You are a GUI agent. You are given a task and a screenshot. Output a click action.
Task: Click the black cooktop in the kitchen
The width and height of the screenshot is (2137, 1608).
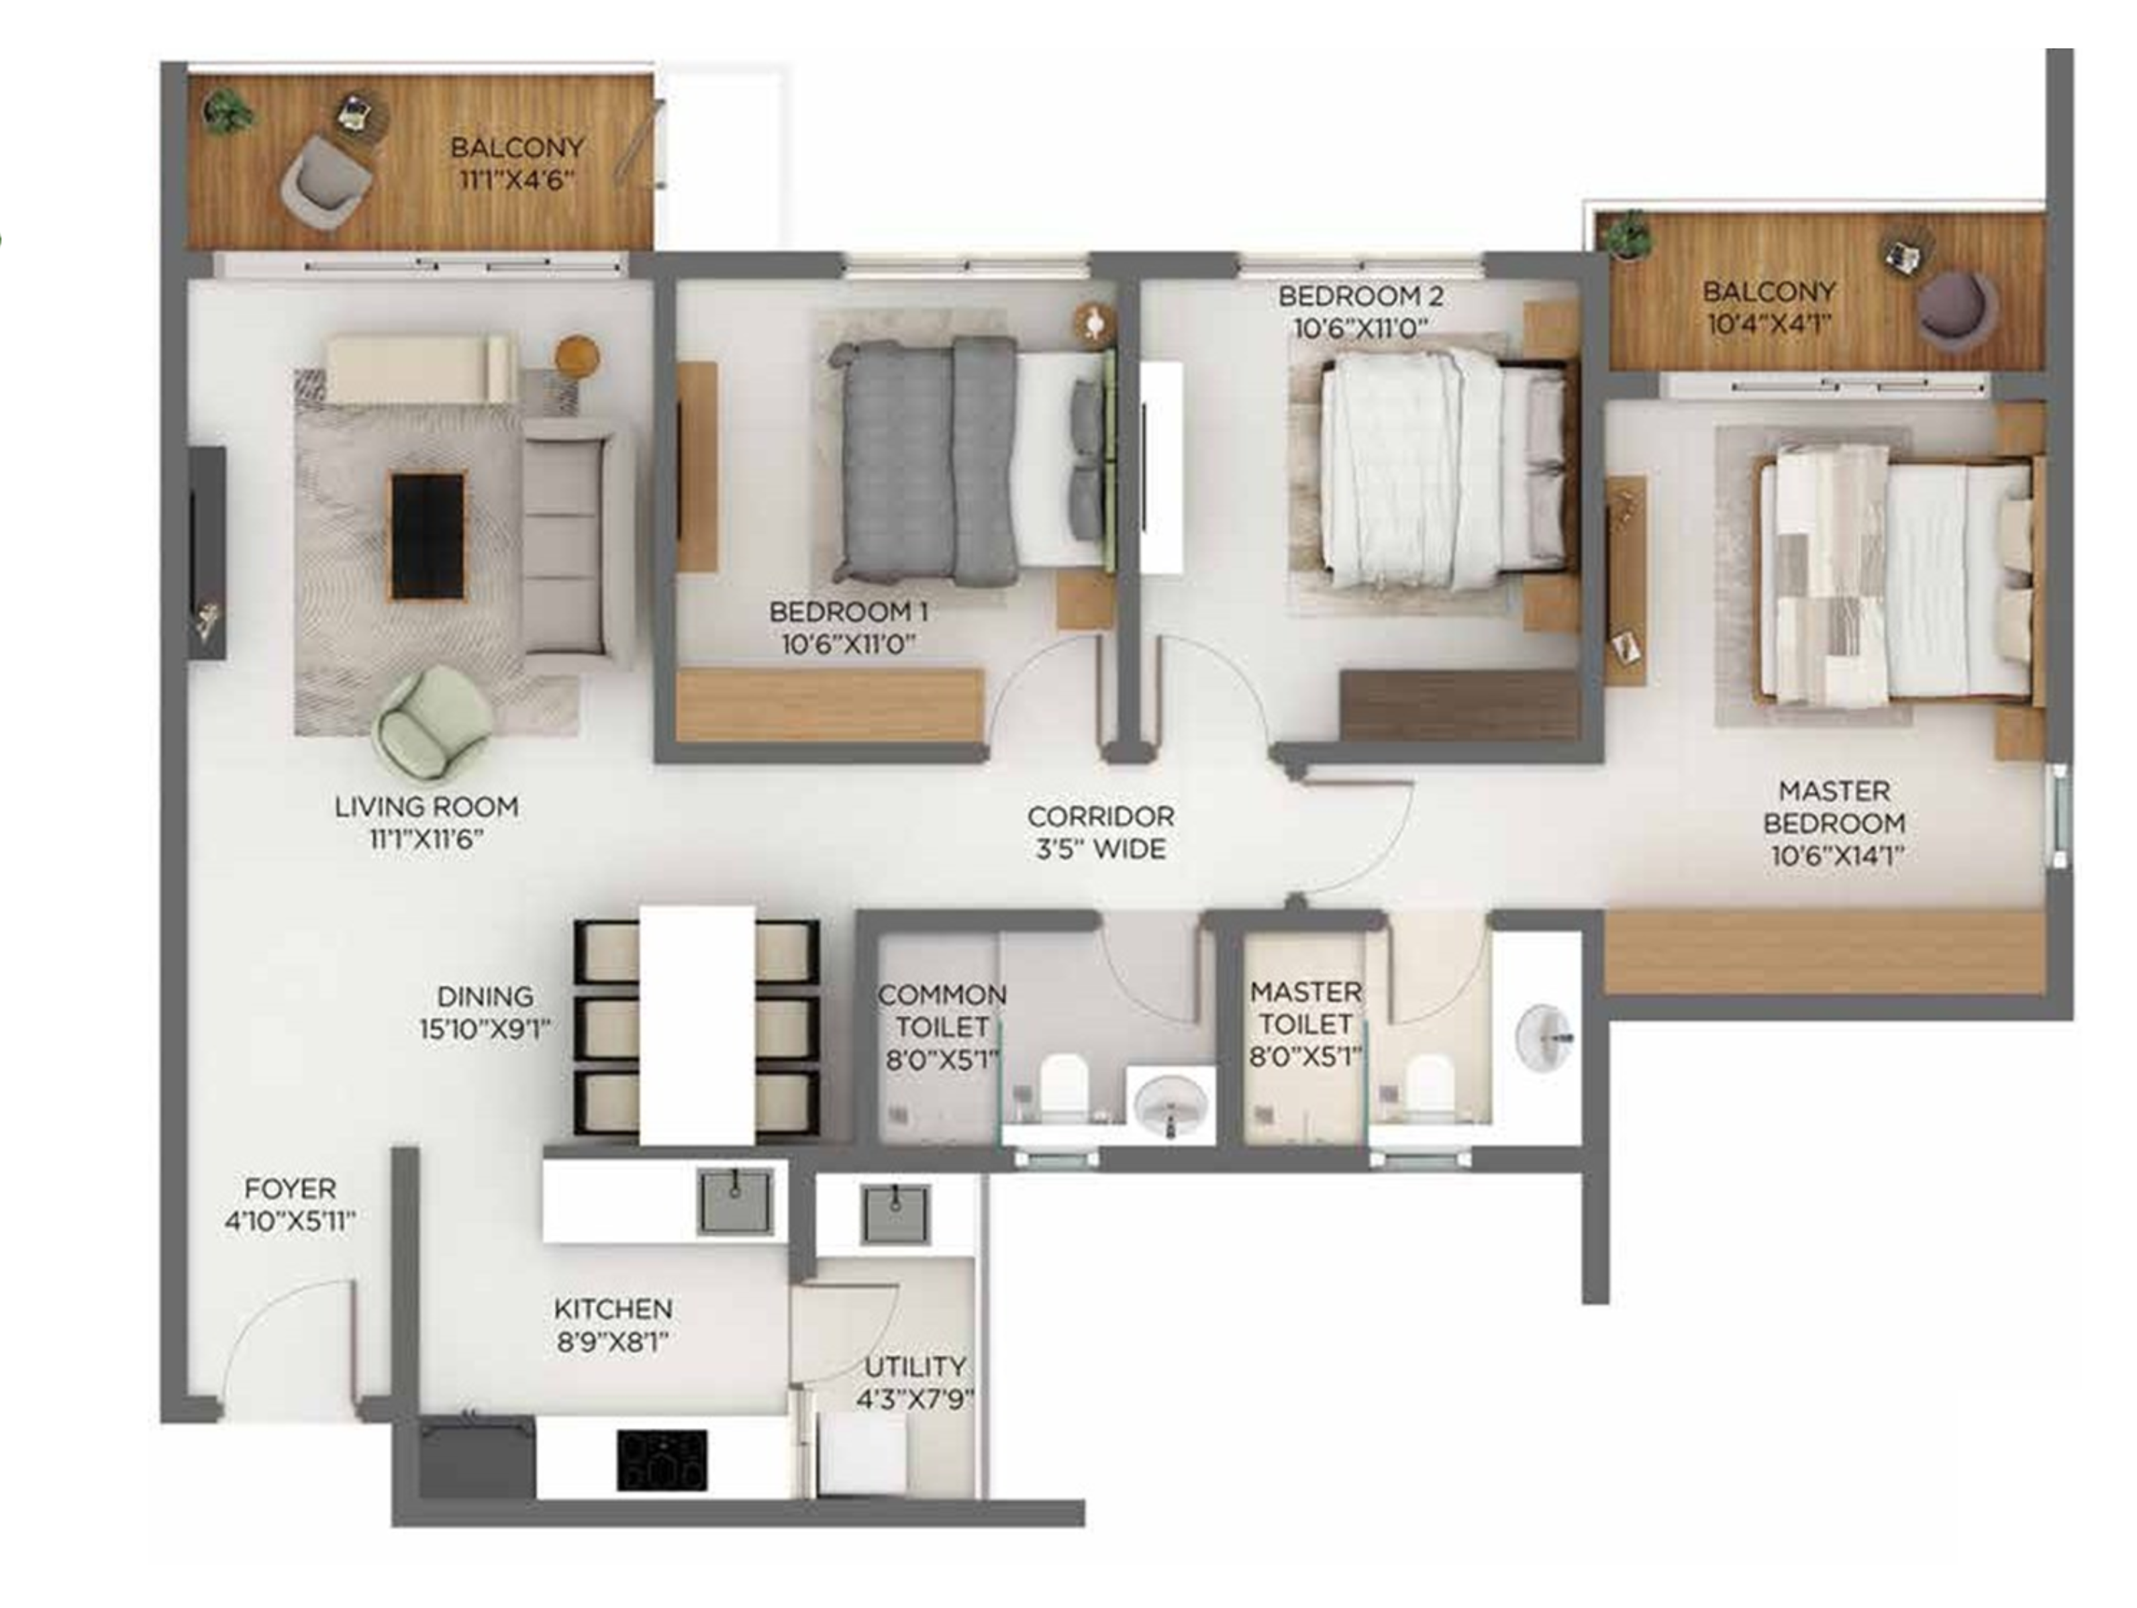tap(662, 1459)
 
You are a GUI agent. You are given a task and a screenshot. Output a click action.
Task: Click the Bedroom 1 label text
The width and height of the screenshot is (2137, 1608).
tap(849, 611)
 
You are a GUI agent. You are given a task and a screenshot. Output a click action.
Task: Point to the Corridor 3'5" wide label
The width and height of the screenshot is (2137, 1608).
tap(1101, 832)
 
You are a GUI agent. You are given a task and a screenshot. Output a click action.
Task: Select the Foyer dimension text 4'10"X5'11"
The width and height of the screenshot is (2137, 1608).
tap(290, 1221)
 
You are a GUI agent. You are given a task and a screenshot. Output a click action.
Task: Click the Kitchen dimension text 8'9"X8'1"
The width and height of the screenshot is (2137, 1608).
tap(613, 1342)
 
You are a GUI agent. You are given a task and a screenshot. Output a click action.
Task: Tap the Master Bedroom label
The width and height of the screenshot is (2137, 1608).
tap(1834, 807)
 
